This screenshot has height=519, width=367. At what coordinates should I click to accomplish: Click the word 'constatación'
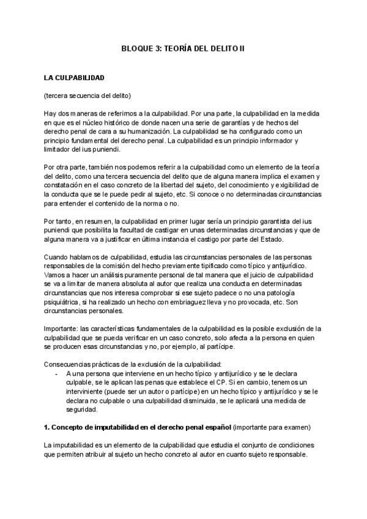pos(65,185)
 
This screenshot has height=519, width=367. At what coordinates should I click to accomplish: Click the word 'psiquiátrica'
pos(63,302)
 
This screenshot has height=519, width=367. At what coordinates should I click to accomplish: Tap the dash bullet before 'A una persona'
pos(57,373)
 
